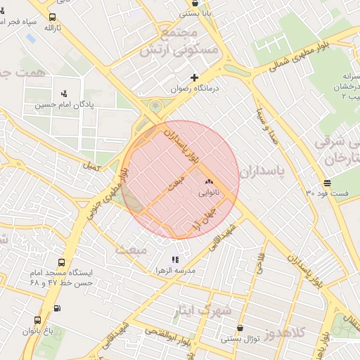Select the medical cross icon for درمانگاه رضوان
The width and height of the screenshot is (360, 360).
194,77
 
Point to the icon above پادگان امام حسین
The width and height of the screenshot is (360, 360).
65,93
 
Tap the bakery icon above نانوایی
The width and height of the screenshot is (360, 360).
209,181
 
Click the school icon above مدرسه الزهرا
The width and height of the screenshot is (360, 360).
175,260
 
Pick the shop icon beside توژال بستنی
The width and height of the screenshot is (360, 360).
242,328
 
